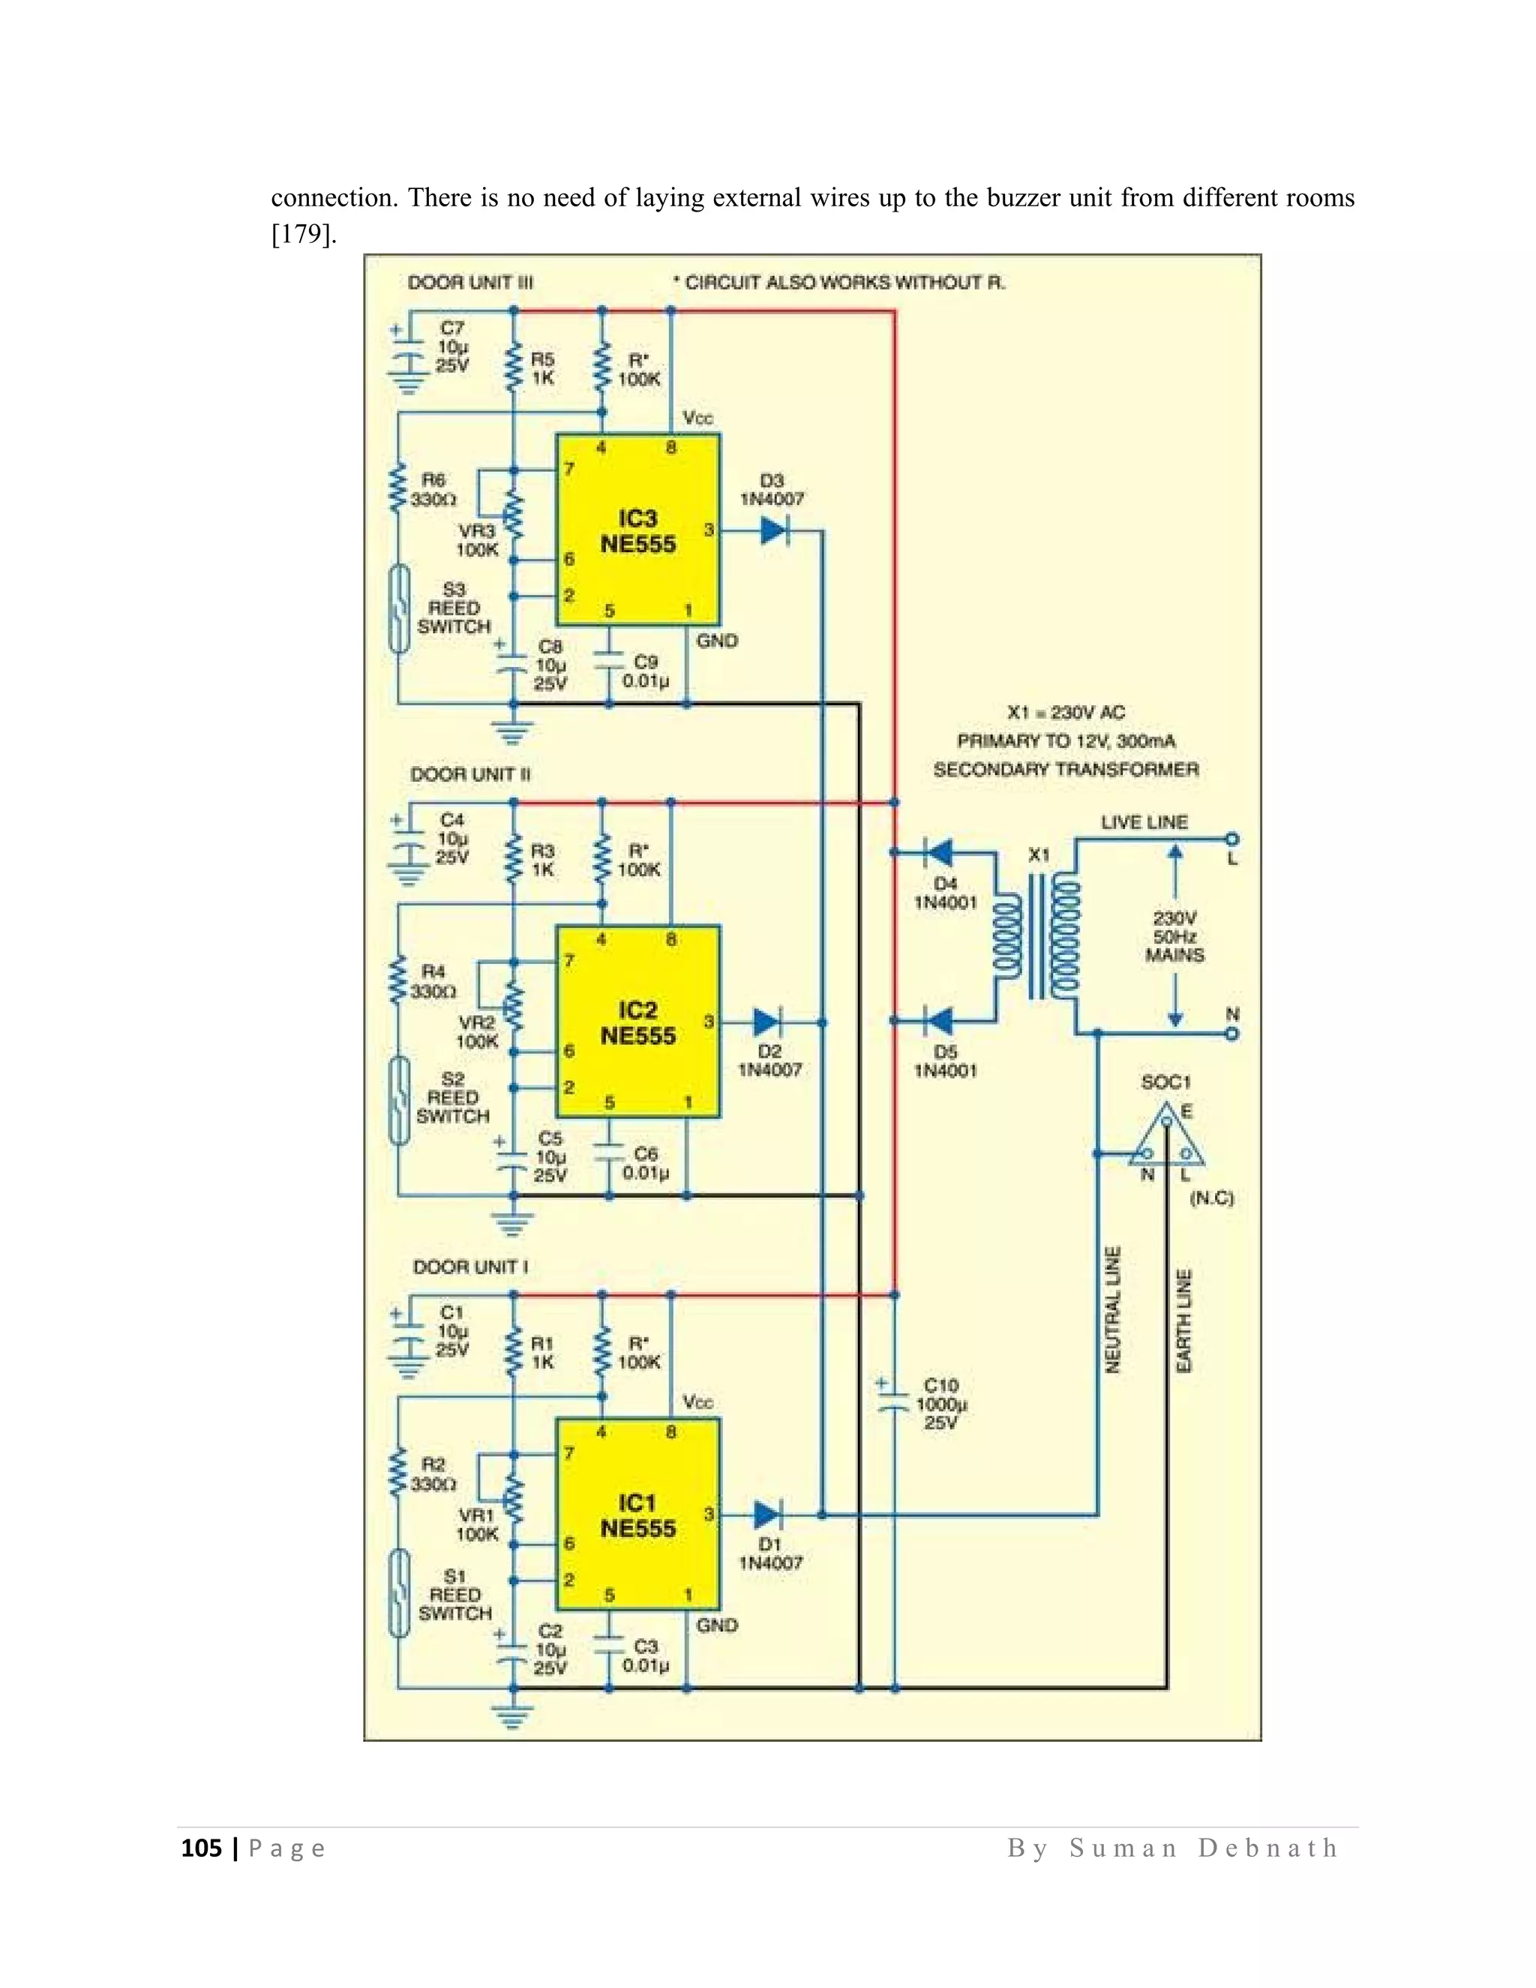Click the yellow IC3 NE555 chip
click(x=638, y=530)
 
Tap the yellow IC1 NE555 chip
click(x=638, y=1514)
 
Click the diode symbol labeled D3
click(x=773, y=530)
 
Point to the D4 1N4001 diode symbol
click(x=938, y=853)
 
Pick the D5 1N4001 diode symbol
click(x=938, y=1021)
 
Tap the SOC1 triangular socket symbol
click(x=1166, y=1138)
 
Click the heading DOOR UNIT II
click(x=470, y=775)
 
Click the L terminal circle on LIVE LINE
click(x=1232, y=839)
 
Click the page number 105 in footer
click(x=201, y=1848)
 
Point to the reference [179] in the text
click(x=304, y=235)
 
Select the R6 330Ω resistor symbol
click(x=397, y=490)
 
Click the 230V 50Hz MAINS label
click(x=1174, y=937)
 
